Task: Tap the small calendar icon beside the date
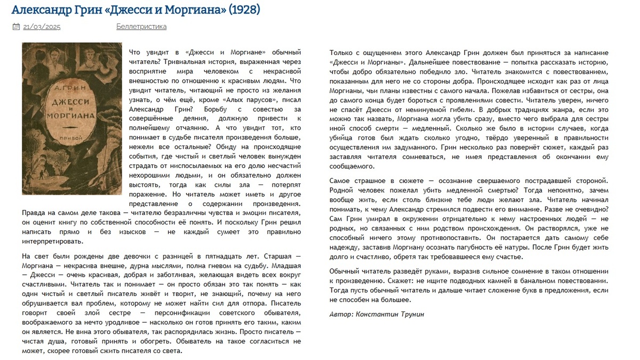(16, 27)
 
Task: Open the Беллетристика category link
(141, 27)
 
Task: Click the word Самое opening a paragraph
(340, 181)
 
